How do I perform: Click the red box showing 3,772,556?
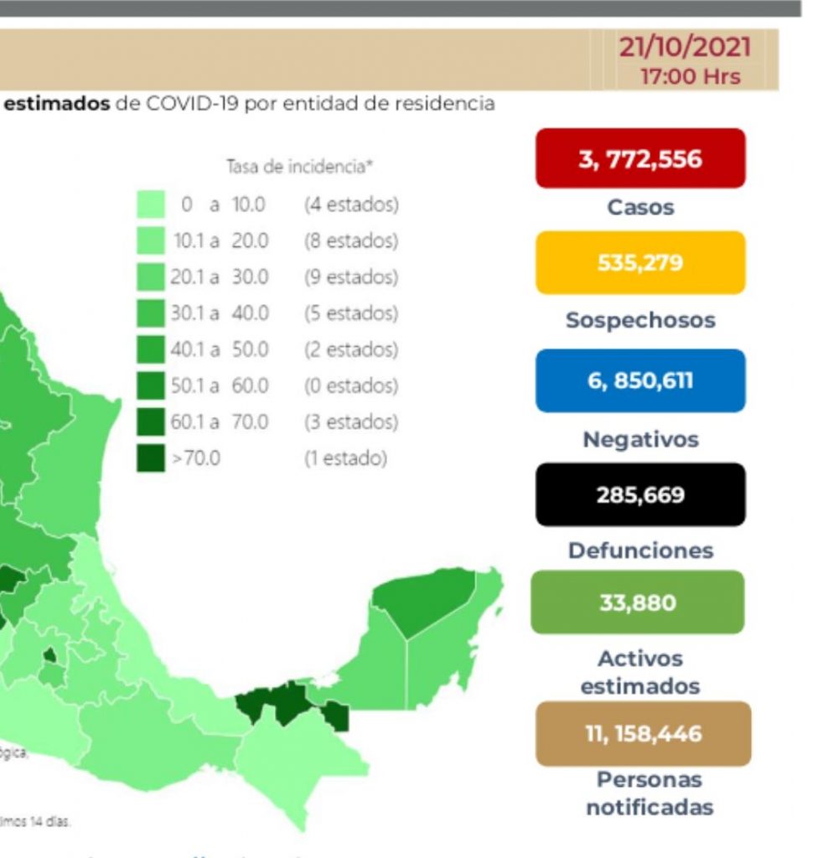pyautogui.click(x=640, y=158)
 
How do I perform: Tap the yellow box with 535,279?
pyautogui.click(x=640, y=263)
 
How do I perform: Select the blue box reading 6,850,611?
pyautogui.click(x=640, y=381)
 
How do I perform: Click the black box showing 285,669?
pyautogui.click(x=640, y=494)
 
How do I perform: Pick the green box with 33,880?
pyautogui.click(x=637, y=602)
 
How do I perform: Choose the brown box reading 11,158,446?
pyautogui.click(x=643, y=734)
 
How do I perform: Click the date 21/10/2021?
pyautogui.click(x=685, y=46)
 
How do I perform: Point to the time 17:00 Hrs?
pyautogui.click(x=691, y=76)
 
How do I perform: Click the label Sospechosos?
pyautogui.click(x=640, y=320)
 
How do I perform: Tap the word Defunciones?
pyautogui.click(x=640, y=550)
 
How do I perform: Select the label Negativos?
pyautogui.click(x=640, y=439)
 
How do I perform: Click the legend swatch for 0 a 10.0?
pyautogui.click(x=151, y=204)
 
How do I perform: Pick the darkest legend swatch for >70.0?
pyautogui.click(x=151, y=458)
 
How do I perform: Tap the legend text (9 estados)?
pyautogui.click(x=350, y=277)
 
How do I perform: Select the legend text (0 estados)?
pyautogui.click(x=350, y=386)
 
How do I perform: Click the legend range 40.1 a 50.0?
pyautogui.click(x=220, y=349)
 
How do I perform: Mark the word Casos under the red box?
pyautogui.click(x=640, y=207)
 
